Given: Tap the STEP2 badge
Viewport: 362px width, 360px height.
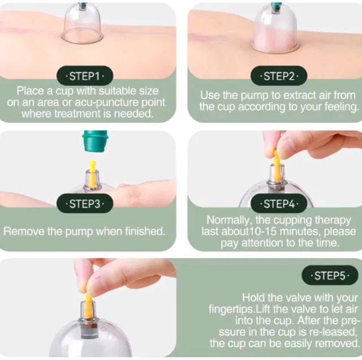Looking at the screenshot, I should click(x=277, y=75).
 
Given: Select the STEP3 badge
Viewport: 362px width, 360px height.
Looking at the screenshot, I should click(x=84, y=203).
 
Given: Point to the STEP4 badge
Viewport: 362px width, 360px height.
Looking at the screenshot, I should click(x=277, y=203).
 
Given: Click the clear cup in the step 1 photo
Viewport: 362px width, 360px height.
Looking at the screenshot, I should click(x=82, y=25).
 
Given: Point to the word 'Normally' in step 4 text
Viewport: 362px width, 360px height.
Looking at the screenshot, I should click(x=227, y=220).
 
